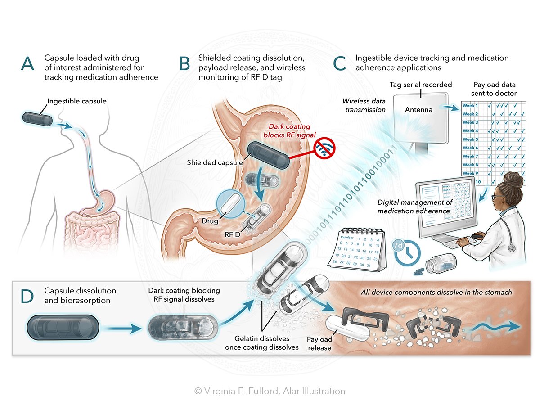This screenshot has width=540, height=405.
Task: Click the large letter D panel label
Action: click(x=28, y=297)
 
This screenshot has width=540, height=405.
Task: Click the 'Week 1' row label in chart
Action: click(x=470, y=105)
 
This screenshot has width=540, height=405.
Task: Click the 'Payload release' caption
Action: click(x=320, y=343)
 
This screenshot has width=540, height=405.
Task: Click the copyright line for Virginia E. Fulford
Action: click(x=270, y=391)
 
